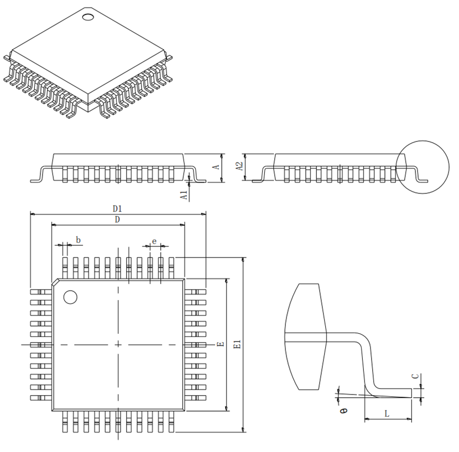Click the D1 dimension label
click(117, 208)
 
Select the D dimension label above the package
click(117, 219)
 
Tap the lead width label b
click(78, 240)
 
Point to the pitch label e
click(154, 241)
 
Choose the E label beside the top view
click(221, 344)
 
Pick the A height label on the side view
click(216, 167)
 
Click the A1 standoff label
click(184, 195)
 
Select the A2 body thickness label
click(240, 166)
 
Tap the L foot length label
click(387, 414)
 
